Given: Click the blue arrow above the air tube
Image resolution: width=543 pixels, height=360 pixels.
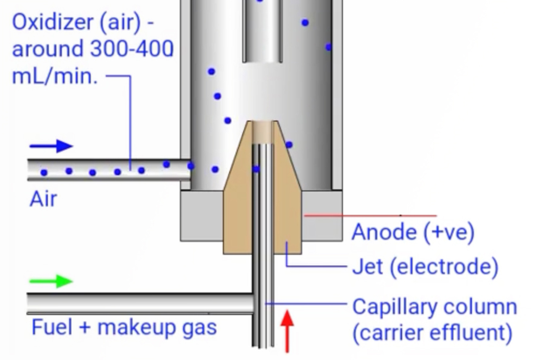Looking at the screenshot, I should [52, 146].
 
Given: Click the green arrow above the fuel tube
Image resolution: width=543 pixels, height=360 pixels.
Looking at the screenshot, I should [52, 281].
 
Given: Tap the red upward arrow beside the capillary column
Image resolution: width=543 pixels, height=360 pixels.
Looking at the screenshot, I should [287, 331].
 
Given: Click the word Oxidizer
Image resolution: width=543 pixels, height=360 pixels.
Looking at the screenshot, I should [53, 22].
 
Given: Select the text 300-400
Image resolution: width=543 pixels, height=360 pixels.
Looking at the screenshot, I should [132, 49].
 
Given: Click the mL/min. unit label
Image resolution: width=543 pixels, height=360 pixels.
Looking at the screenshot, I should [55, 76].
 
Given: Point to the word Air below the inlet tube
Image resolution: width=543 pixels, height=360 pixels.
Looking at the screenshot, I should [43, 199].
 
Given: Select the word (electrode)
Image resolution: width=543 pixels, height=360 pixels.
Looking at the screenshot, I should [444, 267].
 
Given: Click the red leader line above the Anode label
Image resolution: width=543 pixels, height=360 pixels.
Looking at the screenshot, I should [370, 215].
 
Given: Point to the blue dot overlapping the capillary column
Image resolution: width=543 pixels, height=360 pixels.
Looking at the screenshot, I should [256, 169].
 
